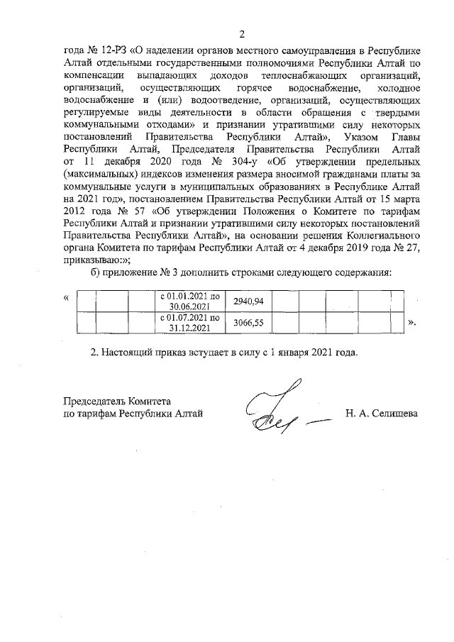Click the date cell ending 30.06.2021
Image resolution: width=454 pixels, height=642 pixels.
pos(194,301)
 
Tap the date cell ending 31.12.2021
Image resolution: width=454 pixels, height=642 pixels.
pos(194,324)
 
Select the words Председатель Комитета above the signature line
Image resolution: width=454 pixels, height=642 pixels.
pos(118,401)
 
